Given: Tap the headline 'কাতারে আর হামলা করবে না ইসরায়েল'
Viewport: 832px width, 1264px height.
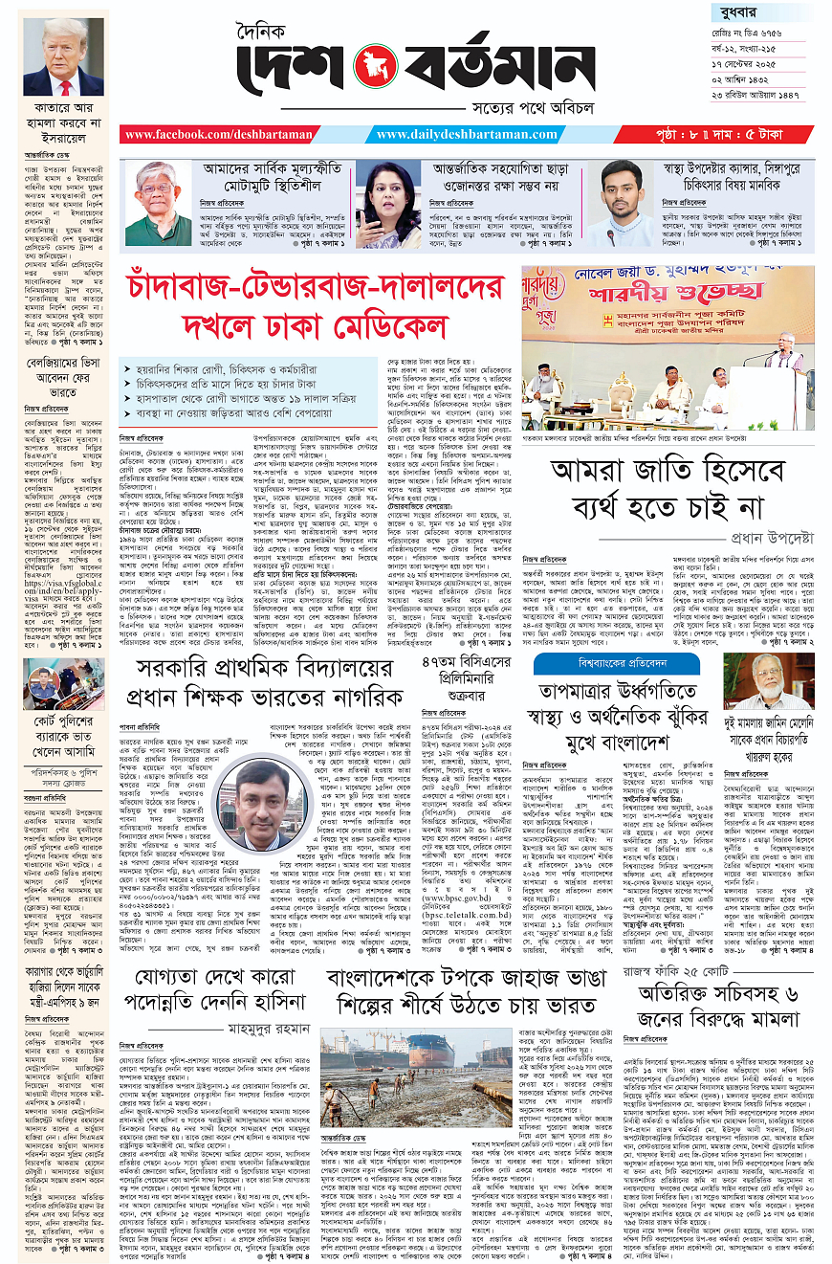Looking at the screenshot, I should pos(63,126).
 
